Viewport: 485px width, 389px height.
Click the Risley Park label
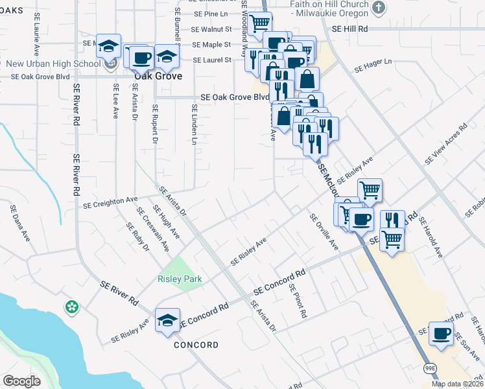[x=180, y=279]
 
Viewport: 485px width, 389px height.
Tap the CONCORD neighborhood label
[x=196, y=345]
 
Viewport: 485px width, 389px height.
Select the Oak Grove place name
[x=158, y=75]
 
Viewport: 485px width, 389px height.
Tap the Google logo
[x=21, y=381]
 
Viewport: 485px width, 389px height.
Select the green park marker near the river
[x=71, y=305]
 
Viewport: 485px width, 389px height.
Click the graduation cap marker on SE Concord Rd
[x=168, y=320]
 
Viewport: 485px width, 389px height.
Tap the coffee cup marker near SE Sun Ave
[x=442, y=333]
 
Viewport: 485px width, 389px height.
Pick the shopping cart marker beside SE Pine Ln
[x=259, y=23]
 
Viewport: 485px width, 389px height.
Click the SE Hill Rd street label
[x=349, y=29]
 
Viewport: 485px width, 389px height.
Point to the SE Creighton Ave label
[x=111, y=202]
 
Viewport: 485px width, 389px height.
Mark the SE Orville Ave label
[x=324, y=232]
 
